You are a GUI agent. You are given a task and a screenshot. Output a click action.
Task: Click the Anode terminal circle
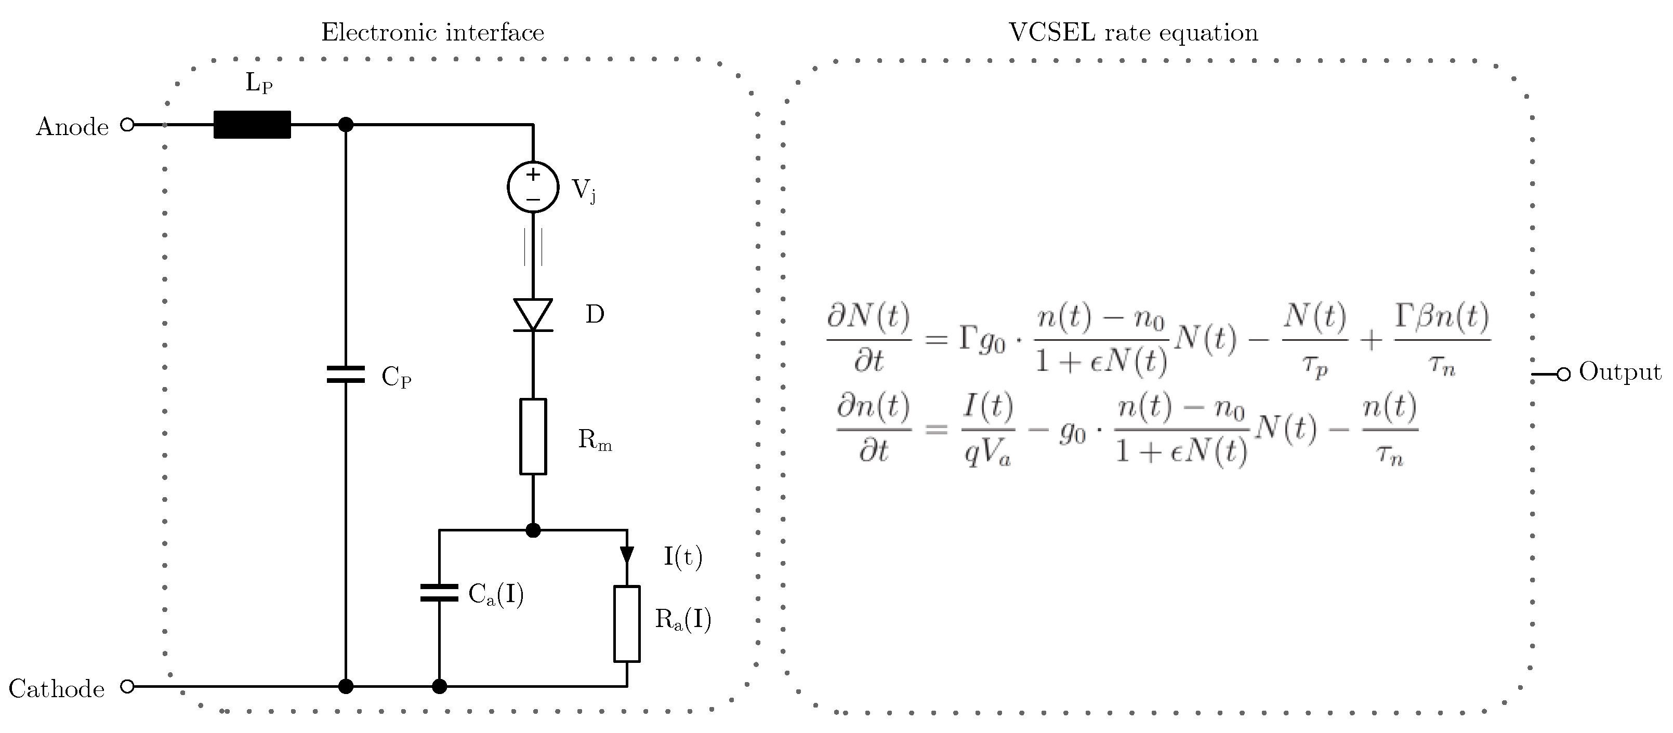[128, 125]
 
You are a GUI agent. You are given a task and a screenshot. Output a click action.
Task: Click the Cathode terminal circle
[128, 686]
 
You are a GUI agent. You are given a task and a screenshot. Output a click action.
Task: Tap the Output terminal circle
[1564, 374]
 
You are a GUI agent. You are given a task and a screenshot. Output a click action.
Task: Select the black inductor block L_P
[252, 125]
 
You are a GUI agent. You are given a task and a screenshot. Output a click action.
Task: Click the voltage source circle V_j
[533, 187]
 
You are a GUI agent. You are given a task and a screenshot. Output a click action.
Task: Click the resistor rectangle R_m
[533, 436]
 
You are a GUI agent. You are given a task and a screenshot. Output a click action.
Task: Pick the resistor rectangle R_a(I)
[627, 624]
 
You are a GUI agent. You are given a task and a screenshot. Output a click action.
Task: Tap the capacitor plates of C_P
[346, 374]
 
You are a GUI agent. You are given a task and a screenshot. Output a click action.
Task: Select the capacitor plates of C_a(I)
[440, 593]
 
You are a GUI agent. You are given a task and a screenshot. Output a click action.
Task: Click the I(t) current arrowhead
[627, 554]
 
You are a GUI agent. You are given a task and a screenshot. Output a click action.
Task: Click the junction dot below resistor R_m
[533, 530]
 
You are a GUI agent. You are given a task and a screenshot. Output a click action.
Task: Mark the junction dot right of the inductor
[346, 125]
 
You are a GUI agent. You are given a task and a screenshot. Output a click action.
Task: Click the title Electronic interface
[432, 32]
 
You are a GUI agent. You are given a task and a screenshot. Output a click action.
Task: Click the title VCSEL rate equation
[1134, 32]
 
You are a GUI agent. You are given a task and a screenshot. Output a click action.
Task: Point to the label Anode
[72, 127]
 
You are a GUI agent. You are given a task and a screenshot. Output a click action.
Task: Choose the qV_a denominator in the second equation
[987, 452]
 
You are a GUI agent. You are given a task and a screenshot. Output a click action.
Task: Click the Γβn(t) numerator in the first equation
[1442, 317]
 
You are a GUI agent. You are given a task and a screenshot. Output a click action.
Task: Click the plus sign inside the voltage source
[533, 175]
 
